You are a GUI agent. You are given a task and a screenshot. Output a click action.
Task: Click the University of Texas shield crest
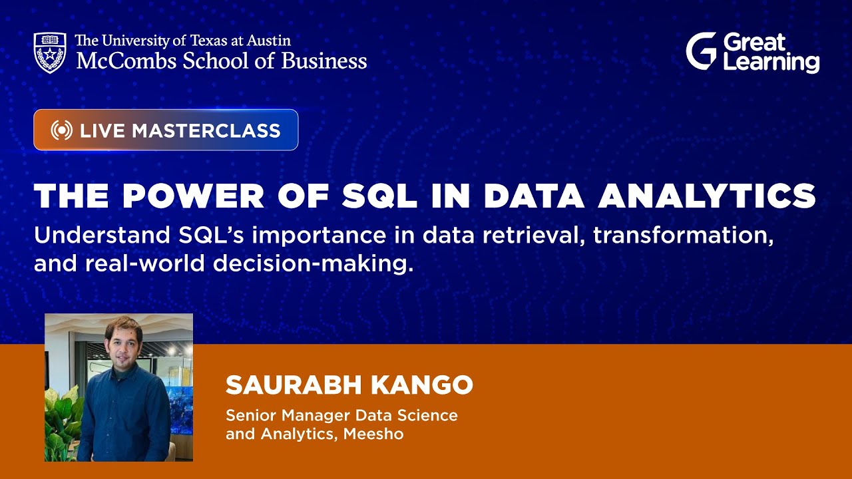coord(50,52)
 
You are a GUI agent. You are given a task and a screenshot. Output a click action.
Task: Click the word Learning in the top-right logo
coord(771,63)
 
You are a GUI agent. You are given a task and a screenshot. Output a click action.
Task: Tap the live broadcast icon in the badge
coord(61,130)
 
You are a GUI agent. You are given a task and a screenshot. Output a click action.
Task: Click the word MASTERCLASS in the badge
coord(206,130)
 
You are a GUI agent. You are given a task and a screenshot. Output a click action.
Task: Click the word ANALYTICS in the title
coord(707,196)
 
